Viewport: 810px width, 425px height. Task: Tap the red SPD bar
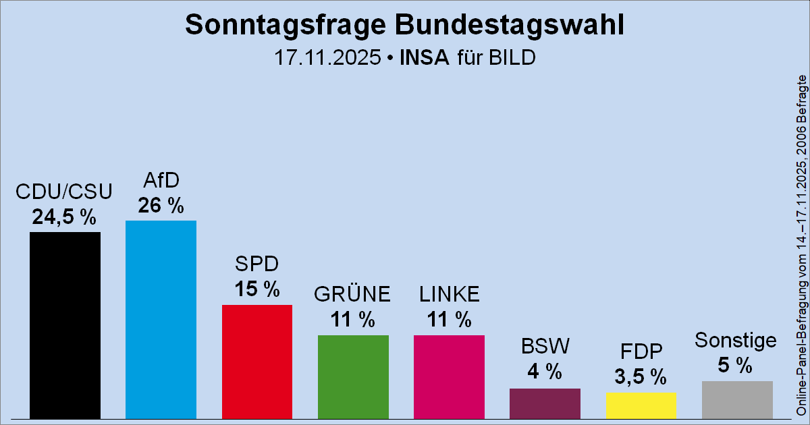(x=257, y=362)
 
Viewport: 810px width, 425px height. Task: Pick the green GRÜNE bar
(x=353, y=376)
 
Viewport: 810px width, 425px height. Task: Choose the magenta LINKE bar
(x=449, y=376)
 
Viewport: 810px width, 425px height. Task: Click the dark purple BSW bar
(x=545, y=403)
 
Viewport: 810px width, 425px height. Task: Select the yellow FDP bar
(x=641, y=405)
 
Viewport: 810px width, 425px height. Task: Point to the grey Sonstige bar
(x=737, y=400)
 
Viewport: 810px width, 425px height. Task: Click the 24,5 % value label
(x=65, y=217)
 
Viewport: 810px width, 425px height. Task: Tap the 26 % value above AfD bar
(x=161, y=206)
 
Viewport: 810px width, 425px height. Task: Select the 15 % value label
(x=257, y=289)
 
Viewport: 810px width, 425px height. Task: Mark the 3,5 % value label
(x=641, y=376)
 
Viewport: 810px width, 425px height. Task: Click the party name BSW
(x=545, y=347)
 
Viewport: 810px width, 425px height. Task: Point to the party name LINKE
(x=449, y=295)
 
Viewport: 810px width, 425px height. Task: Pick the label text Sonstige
(x=736, y=341)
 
